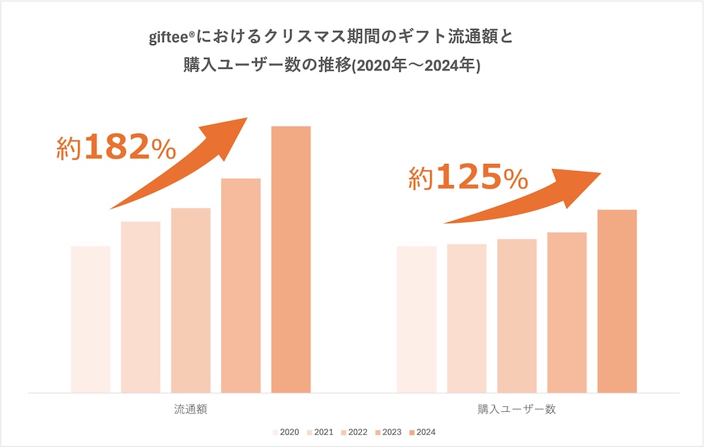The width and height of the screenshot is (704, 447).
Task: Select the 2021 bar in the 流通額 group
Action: pos(141,307)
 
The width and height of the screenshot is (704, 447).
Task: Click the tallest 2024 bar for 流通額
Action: pos(291,259)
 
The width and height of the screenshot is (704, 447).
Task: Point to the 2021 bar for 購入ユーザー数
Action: pos(467,318)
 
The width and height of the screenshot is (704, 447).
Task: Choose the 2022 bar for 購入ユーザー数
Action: pos(517,315)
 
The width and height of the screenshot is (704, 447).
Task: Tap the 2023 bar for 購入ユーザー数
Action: pos(567,312)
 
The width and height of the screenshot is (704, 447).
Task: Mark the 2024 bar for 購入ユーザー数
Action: pos(617,301)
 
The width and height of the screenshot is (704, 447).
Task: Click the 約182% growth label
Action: pos(115,148)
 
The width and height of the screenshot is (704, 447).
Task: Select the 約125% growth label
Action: pos(468,178)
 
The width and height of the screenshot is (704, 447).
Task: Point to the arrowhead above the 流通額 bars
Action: pos(232,130)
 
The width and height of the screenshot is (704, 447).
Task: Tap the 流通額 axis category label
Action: pos(191,409)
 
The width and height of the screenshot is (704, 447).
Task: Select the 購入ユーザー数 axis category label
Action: pos(517,409)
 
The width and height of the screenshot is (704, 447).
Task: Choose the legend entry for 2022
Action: pos(353,432)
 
